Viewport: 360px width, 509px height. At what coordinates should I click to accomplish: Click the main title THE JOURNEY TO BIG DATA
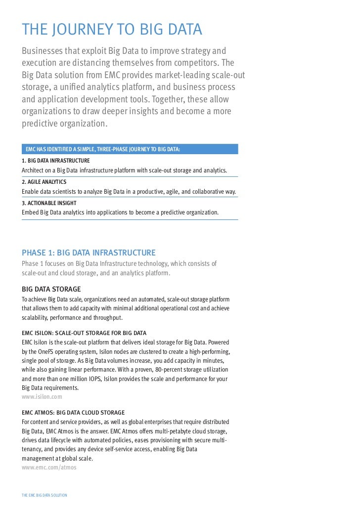coord(112,30)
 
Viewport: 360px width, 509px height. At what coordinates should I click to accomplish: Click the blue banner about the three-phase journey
coord(130,149)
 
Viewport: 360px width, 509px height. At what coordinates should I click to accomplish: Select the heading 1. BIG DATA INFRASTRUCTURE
coord(56,161)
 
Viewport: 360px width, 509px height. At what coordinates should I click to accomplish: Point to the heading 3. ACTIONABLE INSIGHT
coord(49,203)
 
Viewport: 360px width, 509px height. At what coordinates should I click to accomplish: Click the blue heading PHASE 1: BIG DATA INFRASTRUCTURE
coord(89,253)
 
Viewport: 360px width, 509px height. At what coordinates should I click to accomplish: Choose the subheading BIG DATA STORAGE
coord(51,289)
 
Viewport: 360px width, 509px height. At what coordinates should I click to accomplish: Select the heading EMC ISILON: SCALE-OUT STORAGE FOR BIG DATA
coord(84,333)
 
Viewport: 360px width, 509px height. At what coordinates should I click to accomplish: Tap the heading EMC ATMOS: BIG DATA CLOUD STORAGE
coord(73,412)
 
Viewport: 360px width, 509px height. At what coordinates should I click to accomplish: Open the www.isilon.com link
coord(42,396)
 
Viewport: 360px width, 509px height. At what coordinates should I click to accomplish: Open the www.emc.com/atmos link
coord(49,467)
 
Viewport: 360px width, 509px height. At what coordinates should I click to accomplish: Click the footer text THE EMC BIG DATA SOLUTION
coord(45,495)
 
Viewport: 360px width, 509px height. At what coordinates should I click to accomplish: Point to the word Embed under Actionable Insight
coord(31,212)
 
